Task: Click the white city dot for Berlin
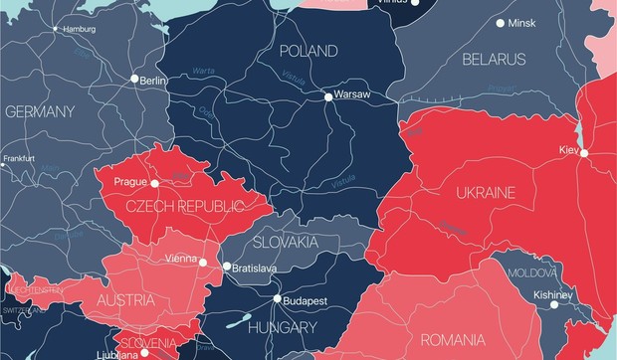(x=134, y=78)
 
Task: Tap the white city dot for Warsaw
(x=327, y=96)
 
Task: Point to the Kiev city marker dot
(x=585, y=153)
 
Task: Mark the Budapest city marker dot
(x=278, y=298)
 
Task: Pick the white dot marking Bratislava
(x=227, y=267)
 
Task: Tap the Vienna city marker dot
(x=203, y=263)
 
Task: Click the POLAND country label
(x=308, y=51)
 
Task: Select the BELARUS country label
(x=494, y=60)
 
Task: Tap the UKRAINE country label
(x=485, y=192)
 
